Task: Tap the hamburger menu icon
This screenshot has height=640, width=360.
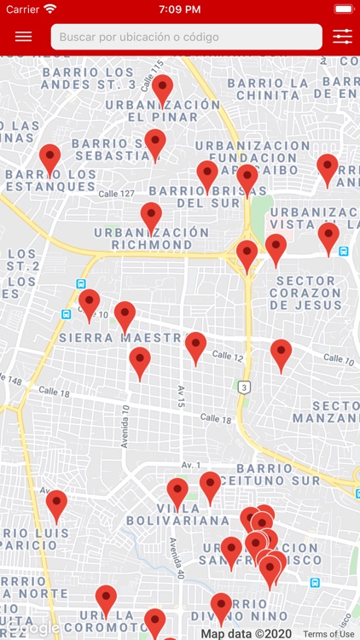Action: [x=23, y=37]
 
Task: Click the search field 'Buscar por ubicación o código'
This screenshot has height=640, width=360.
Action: [x=186, y=37]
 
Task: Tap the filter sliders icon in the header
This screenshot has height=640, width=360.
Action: [x=342, y=37]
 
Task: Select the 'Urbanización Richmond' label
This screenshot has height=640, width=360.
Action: [x=151, y=238]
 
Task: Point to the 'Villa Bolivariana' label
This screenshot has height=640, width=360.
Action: [x=177, y=514]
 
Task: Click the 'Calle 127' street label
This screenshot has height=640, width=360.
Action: [x=116, y=194]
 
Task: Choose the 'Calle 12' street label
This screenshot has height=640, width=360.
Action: [x=228, y=355]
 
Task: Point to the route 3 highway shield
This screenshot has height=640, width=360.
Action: [x=244, y=387]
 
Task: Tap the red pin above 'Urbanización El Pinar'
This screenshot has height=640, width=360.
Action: [x=162, y=88]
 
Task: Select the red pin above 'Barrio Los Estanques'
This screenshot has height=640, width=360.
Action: [x=50, y=158]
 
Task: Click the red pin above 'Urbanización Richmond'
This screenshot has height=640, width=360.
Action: [x=151, y=216]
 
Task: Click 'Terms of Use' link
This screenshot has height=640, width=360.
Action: [x=328, y=634]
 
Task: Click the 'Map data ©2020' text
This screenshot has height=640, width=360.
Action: [x=247, y=634]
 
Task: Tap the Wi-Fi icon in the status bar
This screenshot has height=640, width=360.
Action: [x=50, y=9]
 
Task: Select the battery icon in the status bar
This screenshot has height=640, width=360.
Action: [x=343, y=9]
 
